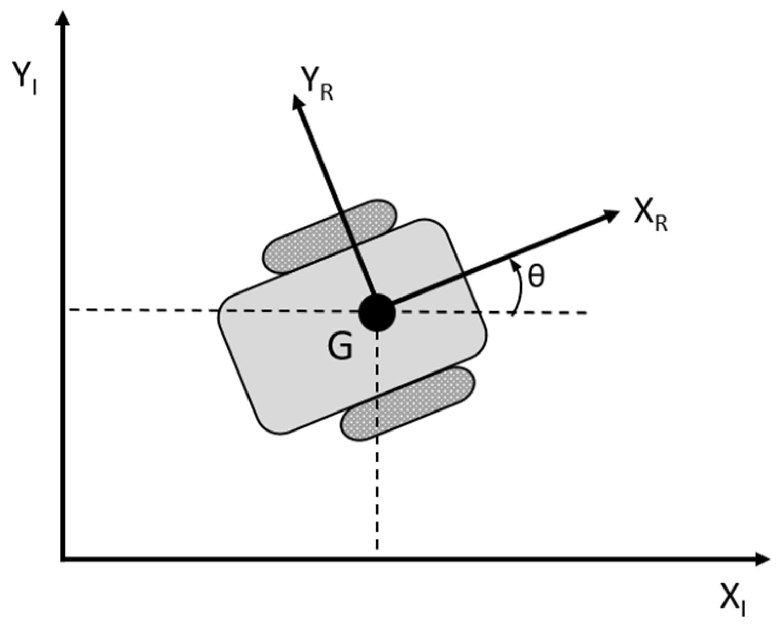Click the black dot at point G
point(377,312)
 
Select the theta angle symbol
point(536,277)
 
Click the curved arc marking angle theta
point(520,290)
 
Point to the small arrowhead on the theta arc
point(512,265)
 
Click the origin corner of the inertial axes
point(63,559)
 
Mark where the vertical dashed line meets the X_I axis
point(377,559)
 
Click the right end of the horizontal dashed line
point(585,312)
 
